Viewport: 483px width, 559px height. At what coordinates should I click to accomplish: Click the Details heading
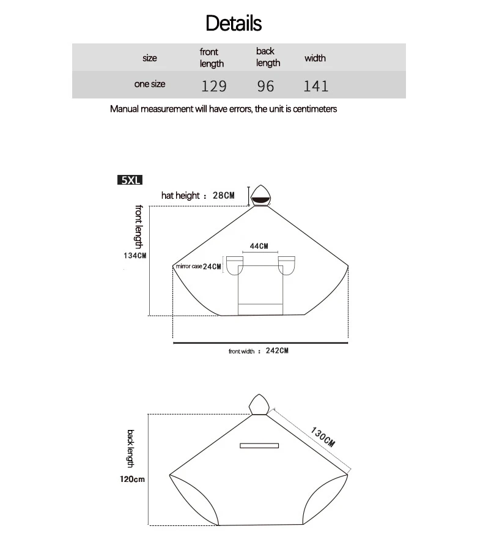point(234,23)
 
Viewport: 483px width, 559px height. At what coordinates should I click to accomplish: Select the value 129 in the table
point(214,86)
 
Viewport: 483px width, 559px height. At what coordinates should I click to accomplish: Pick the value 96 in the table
point(265,86)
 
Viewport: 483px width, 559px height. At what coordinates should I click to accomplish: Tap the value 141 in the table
point(315,86)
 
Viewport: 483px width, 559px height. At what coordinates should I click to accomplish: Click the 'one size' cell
point(150,84)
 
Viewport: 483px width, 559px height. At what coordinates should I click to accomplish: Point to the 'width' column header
point(315,58)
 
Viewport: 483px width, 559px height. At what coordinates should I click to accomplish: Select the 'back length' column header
point(268,57)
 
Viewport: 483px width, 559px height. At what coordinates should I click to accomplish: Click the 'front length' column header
point(212,57)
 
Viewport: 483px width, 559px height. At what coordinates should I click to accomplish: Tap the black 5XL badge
point(130,180)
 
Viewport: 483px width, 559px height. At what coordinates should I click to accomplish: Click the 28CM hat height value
point(224,195)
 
